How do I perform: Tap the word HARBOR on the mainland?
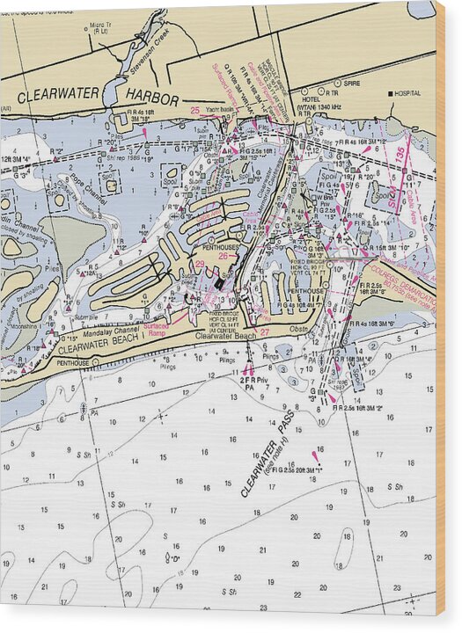point(146,99)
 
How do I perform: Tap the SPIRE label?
point(351,84)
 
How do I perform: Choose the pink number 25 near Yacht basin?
point(194,110)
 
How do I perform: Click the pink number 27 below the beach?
point(264,331)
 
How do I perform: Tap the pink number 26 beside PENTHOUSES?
point(224,256)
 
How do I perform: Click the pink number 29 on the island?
point(200,265)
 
